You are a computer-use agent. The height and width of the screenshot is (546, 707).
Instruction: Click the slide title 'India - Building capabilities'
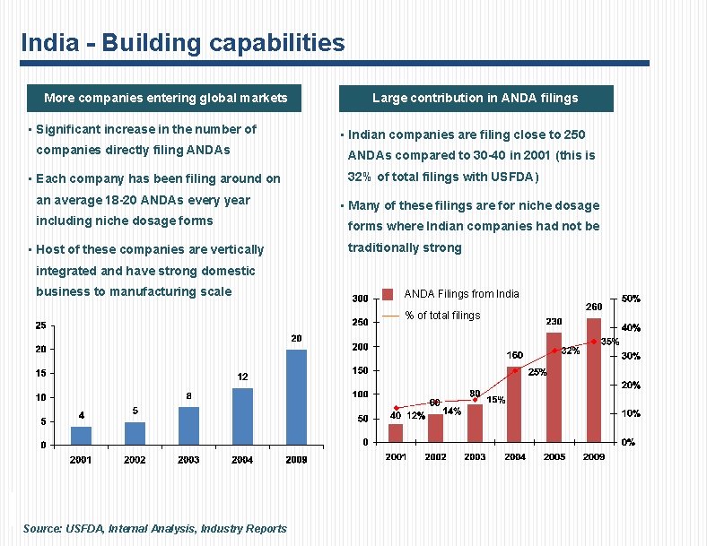coord(182,42)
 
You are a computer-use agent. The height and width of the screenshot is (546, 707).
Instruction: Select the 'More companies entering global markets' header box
coord(165,98)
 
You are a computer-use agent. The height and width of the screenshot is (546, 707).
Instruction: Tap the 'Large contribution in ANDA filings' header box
coord(475,98)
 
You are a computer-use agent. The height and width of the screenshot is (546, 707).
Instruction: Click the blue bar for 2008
coord(296,396)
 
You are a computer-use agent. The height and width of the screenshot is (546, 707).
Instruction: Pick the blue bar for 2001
coord(81,435)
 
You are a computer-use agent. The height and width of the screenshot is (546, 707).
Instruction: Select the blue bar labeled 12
coord(242,416)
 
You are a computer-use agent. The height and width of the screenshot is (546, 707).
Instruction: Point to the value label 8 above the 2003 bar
coord(188,395)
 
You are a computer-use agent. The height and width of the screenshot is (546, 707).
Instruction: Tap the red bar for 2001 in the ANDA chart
coord(396,432)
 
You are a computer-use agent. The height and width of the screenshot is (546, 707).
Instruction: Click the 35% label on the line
coord(609,342)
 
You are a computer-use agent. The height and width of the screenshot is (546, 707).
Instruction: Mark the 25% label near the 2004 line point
coord(537,372)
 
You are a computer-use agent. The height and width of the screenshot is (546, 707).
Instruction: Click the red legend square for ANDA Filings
coord(388,294)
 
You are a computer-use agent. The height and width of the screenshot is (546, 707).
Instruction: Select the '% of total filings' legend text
coord(442,316)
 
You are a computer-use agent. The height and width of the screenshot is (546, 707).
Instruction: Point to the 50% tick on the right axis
coord(631,299)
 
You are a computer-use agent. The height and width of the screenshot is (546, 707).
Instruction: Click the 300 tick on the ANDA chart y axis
coord(359,299)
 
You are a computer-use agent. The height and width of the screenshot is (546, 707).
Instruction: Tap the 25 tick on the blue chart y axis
coord(41,325)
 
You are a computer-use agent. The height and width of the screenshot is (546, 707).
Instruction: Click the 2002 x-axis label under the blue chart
coord(135,460)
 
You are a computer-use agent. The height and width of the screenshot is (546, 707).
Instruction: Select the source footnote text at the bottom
coord(155,529)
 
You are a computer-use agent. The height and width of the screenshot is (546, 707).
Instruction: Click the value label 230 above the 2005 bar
coord(554,321)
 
